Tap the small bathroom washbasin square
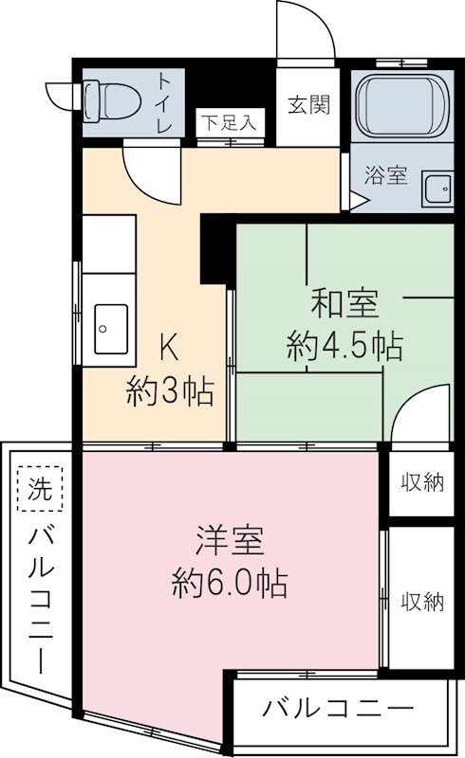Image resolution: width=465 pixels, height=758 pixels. [438, 189]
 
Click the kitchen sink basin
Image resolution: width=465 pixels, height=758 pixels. [111, 328]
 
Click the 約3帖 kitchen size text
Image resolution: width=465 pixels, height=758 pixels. [170, 390]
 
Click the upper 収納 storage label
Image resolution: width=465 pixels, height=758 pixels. [422, 483]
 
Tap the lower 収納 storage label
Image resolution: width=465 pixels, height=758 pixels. [422, 601]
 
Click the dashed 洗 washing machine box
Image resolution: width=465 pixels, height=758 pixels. [38, 490]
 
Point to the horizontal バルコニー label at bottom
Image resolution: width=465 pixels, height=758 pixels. [339, 707]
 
